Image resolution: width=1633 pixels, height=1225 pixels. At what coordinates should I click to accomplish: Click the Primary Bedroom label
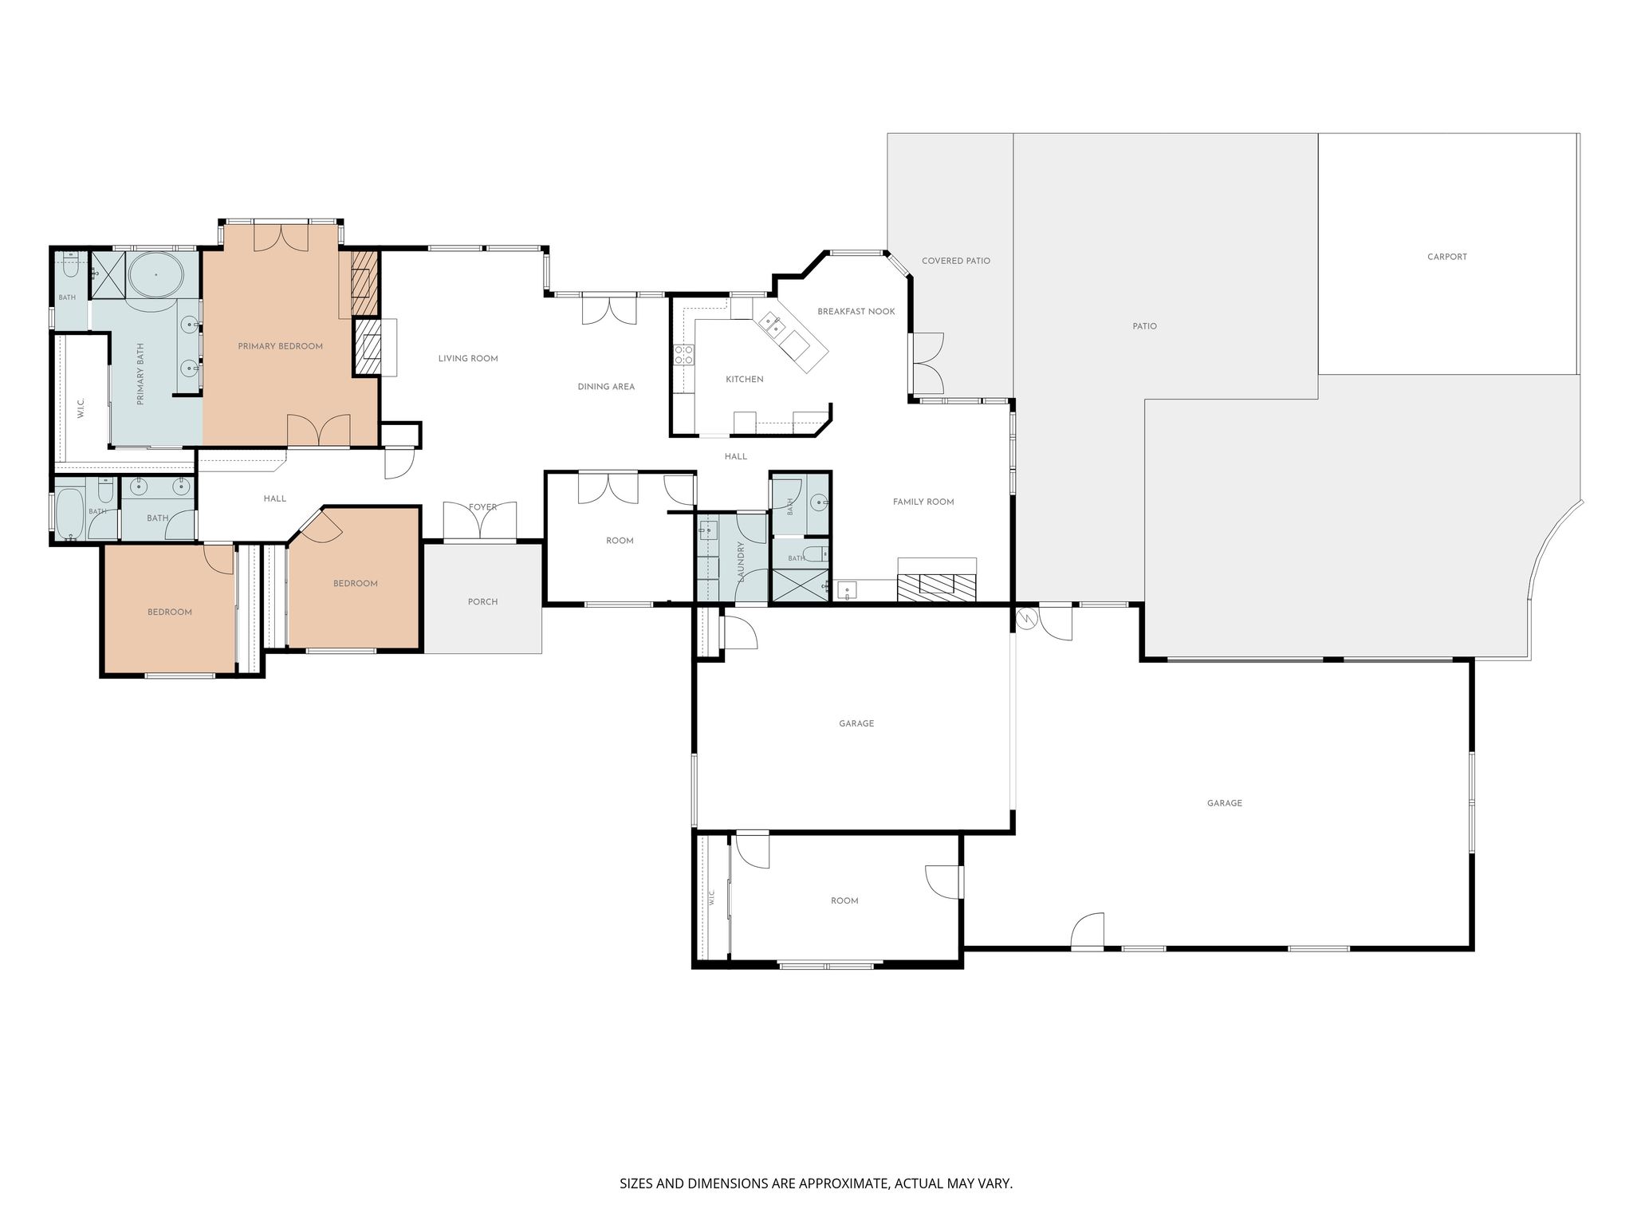click(x=280, y=346)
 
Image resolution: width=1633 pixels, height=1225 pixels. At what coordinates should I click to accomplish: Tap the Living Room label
click(x=468, y=359)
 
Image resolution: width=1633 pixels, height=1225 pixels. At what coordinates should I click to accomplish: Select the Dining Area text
click(x=606, y=387)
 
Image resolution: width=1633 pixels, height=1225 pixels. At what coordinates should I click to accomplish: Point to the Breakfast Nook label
click(x=856, y=311)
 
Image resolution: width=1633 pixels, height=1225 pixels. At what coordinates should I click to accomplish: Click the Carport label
click(x=1447, y=257)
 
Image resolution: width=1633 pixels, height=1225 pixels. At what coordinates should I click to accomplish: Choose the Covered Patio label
click(x=956, y=261)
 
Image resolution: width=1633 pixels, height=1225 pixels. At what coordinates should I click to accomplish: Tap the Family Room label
click(x=923, y=502)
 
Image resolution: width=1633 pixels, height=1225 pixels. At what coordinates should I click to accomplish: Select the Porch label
click(x=483, y=601)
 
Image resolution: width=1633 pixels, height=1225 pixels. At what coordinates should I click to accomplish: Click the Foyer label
click(x=483, y=507)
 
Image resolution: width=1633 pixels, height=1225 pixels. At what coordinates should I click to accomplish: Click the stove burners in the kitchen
click(x=683, y=355)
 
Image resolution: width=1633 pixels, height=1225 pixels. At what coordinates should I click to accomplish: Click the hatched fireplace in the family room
click(x=937, y=587)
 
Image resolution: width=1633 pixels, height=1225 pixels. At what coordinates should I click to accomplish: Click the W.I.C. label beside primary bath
click(x=81, y=408)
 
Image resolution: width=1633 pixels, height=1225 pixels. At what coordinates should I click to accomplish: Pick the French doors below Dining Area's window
click(x=610, y=309)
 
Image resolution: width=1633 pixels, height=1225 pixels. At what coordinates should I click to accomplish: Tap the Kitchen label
click(x=745, y=379)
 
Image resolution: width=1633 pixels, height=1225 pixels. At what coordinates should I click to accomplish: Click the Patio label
click(x=1145, y=326)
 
